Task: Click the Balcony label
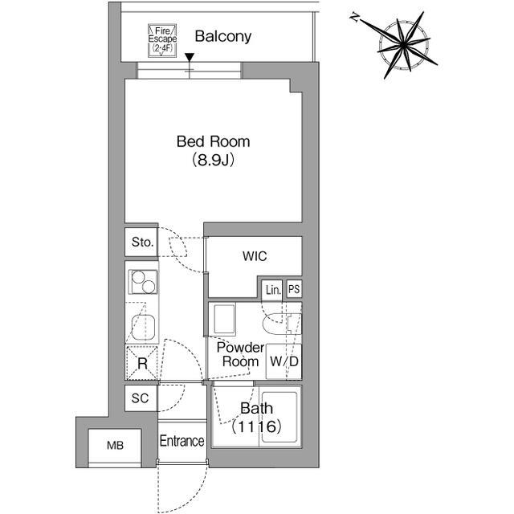coord(222,36)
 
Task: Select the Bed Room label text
coord(213,142)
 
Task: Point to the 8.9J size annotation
coord(213,160)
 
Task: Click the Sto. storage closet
coord(142,243)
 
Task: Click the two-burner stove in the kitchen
coord(142,284)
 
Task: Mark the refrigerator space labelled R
coord(142,363)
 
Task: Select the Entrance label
coord(182,441)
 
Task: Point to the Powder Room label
coord(239,354)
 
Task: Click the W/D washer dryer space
coord(284,361)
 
